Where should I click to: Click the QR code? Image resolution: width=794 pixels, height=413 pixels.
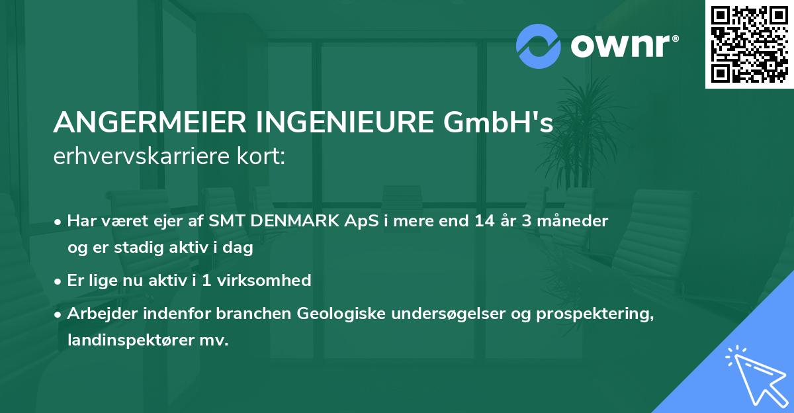click(x=748, y=44)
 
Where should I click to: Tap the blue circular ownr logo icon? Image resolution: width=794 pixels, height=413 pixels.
click(x=539, y=46)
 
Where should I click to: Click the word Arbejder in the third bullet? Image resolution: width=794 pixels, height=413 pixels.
click(x=97, y=314)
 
